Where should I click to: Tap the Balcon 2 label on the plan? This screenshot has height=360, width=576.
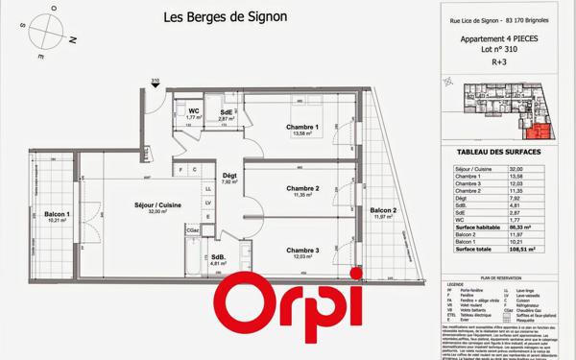tap(384, 211)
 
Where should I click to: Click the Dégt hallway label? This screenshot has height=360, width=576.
tap(229, 176)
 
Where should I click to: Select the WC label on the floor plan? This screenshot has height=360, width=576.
tap(193, 111)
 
